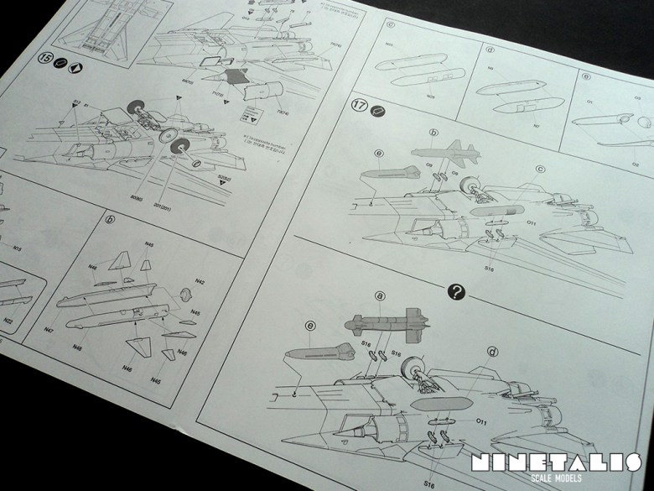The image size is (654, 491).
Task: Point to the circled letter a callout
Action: (380, 296)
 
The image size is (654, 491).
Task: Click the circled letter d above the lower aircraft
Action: (491, 352)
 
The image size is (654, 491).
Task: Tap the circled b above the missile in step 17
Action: (433, 133)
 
